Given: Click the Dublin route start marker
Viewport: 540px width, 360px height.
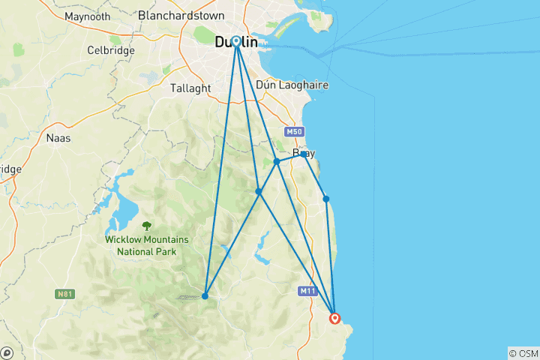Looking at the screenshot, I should pos(236,42).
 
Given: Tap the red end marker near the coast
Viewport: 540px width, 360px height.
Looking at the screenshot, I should pos(334,318).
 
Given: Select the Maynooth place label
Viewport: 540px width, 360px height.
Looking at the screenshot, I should pos(87,16).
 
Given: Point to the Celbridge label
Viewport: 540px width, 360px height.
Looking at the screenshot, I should pos(110,50).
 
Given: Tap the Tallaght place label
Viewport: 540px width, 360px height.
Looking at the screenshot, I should pos(190,88).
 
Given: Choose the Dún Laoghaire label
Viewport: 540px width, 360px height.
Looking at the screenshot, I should pos(292,85).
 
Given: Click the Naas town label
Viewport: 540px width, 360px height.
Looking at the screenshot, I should pos(58,138).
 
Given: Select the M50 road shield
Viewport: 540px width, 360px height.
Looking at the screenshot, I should pos(293,132).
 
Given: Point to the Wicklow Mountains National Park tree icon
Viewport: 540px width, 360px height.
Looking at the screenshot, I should pos(146,224).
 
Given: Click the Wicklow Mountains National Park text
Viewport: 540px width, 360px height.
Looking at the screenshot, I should pos(146,245).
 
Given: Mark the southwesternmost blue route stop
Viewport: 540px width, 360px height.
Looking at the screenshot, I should pos(205,295).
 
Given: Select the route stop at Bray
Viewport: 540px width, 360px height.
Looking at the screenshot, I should pos(303,154).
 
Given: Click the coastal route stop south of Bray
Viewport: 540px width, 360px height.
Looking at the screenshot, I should pos(326,199).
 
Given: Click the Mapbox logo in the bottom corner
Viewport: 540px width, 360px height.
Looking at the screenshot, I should pos(6,352).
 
